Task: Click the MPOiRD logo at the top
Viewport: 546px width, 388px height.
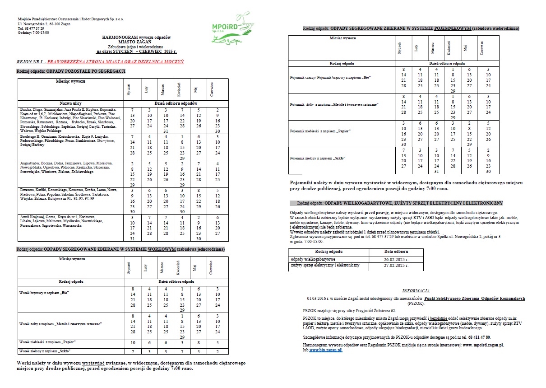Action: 229,32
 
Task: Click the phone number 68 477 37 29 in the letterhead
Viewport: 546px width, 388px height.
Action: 34,28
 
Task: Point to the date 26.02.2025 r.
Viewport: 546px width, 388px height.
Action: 396,260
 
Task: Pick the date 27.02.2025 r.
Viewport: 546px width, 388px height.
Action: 396,266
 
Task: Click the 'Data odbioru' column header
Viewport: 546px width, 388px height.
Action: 396,251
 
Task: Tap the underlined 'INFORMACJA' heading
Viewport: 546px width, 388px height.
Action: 416,291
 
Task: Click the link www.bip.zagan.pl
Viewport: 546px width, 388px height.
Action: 325,350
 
